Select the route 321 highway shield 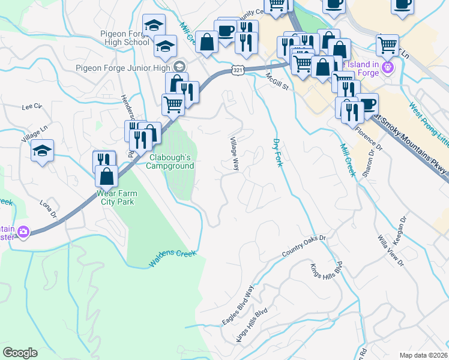tap(238, 71)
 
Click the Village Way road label tap(234, 154)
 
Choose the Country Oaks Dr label tap(304, 247)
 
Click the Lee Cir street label tap(32, 107)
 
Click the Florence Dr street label tap(368, 137)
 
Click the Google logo tap(20, 353)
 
